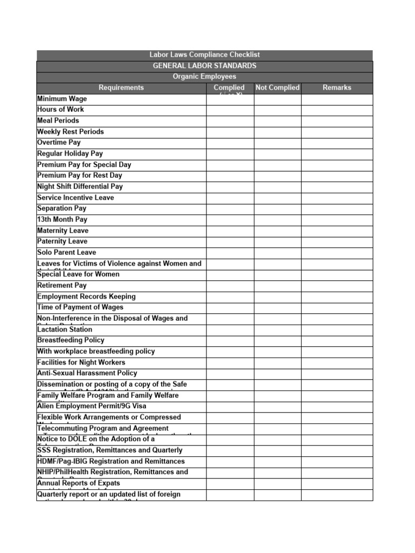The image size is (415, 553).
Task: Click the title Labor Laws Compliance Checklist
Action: (x=205, y=55)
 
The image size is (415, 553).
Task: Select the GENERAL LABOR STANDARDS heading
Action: (x=205, y=66)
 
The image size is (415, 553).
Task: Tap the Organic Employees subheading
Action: (x=205, y=77)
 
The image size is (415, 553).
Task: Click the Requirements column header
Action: (x=121, y=87)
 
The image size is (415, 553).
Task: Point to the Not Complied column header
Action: (x=277, y=87)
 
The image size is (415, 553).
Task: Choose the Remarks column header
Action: (x=337, y=87)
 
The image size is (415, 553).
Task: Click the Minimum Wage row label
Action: (x=62, y=99)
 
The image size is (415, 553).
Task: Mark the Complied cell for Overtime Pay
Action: (x=230, y=143)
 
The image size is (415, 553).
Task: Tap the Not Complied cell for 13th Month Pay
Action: (x=277, y=220)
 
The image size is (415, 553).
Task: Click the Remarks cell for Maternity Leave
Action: (x=337, y=231)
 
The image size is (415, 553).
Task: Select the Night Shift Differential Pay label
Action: (x=80, y=186)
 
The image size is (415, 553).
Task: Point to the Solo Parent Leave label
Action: (x=66, y=252)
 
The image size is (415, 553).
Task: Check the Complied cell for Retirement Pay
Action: (x=230, y=285)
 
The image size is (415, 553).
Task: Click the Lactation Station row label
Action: (x=65, y=329)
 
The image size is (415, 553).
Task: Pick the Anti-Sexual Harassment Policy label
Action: (x=87, y=373)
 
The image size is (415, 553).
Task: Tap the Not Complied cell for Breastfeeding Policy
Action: (x=277, y=340)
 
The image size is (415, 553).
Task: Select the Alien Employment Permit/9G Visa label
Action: (x=91, y=406)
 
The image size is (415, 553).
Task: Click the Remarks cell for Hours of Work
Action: (x=337, y=110)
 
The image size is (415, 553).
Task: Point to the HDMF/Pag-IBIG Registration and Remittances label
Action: (x=111, y=461)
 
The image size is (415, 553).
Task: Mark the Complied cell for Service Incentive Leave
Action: (x=230, y=198)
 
